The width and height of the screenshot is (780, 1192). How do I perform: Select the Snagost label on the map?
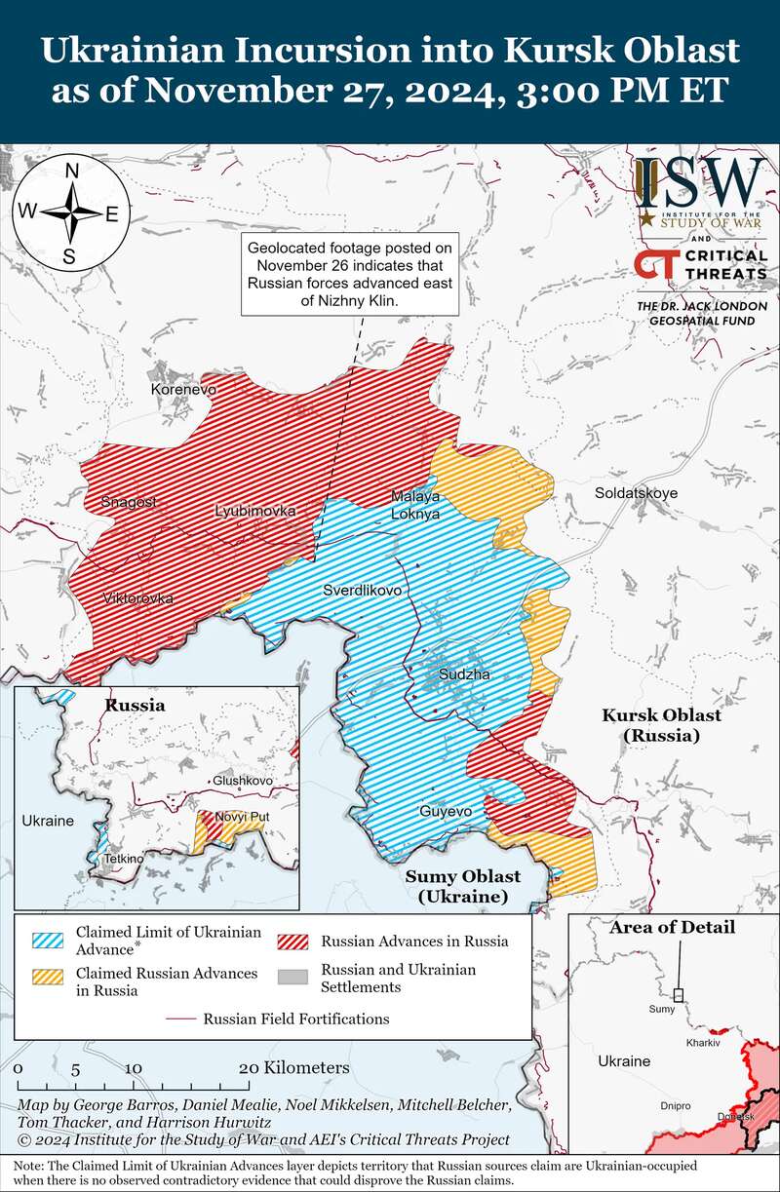click(x=128, y=501)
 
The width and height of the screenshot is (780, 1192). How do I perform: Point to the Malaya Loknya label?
click(x=415, y=504)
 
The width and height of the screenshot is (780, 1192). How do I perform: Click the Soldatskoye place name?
click(x=636, y=493)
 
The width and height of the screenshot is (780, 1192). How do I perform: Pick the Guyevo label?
click(x=446, y=811)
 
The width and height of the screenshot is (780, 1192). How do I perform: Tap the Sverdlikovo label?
click(x=363, y=591)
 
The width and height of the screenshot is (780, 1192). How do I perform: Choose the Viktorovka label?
click(x=137, y=597)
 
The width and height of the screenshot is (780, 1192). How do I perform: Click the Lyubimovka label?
click(x=255, y=511)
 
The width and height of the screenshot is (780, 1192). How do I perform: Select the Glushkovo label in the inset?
click(x=243, y=781)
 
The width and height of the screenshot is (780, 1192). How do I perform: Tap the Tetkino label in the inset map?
click(x=124, y=858)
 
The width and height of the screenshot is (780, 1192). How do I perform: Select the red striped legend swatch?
click(x=293, y=941)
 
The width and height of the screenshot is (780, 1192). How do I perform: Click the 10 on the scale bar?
click(x=134, y=1067)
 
